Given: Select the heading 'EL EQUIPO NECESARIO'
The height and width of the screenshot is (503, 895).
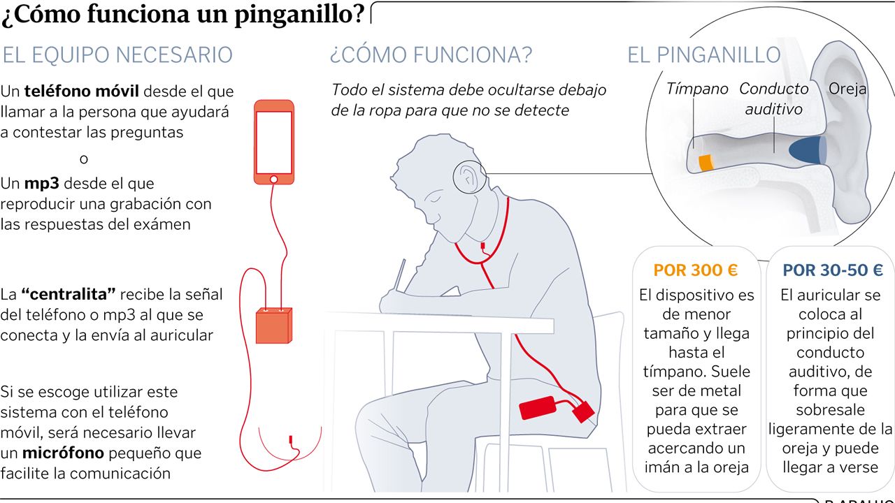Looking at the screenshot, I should pyautogui.click(x=117, y=54).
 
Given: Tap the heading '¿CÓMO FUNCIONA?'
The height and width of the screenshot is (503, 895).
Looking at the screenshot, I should pyautogui.click(x=431, y=54).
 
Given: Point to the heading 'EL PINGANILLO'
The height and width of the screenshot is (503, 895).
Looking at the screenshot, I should pyautogui.click(x=703, y=54).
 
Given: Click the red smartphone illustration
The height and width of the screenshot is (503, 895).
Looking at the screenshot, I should pyautogui.click(x=273, y=142).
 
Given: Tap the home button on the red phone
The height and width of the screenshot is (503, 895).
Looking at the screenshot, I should pyautogui.click(x=273, y=179).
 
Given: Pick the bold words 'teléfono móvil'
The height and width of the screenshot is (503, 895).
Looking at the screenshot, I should pyautogui.click(x=82, y=91).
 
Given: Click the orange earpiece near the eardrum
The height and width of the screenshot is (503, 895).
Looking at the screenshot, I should pyautogui.click(x=706, y=162).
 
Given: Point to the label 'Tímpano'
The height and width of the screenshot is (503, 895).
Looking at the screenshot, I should pyautogui.click(x=696, y=89).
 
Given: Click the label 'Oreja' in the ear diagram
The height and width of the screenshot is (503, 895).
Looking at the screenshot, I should pyautogui.click(x=847, y=89).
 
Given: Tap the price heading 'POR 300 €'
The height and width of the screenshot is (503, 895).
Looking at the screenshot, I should pyautogui.click(x=695, y=270).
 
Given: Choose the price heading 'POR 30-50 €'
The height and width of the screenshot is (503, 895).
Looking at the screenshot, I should pyautogui.click(x=832, y=270).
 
